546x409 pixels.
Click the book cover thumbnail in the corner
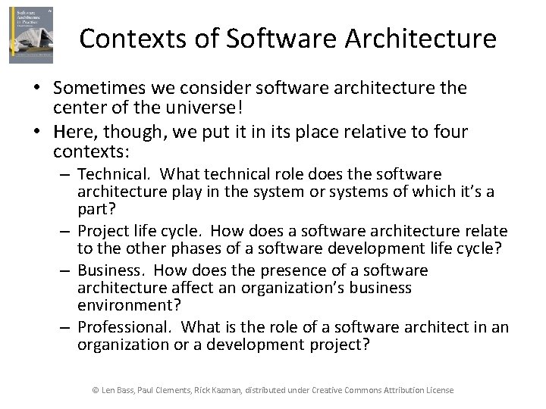pos(31,35)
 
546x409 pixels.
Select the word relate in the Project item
pos(485,230)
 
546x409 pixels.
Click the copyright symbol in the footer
pos(96,390)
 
